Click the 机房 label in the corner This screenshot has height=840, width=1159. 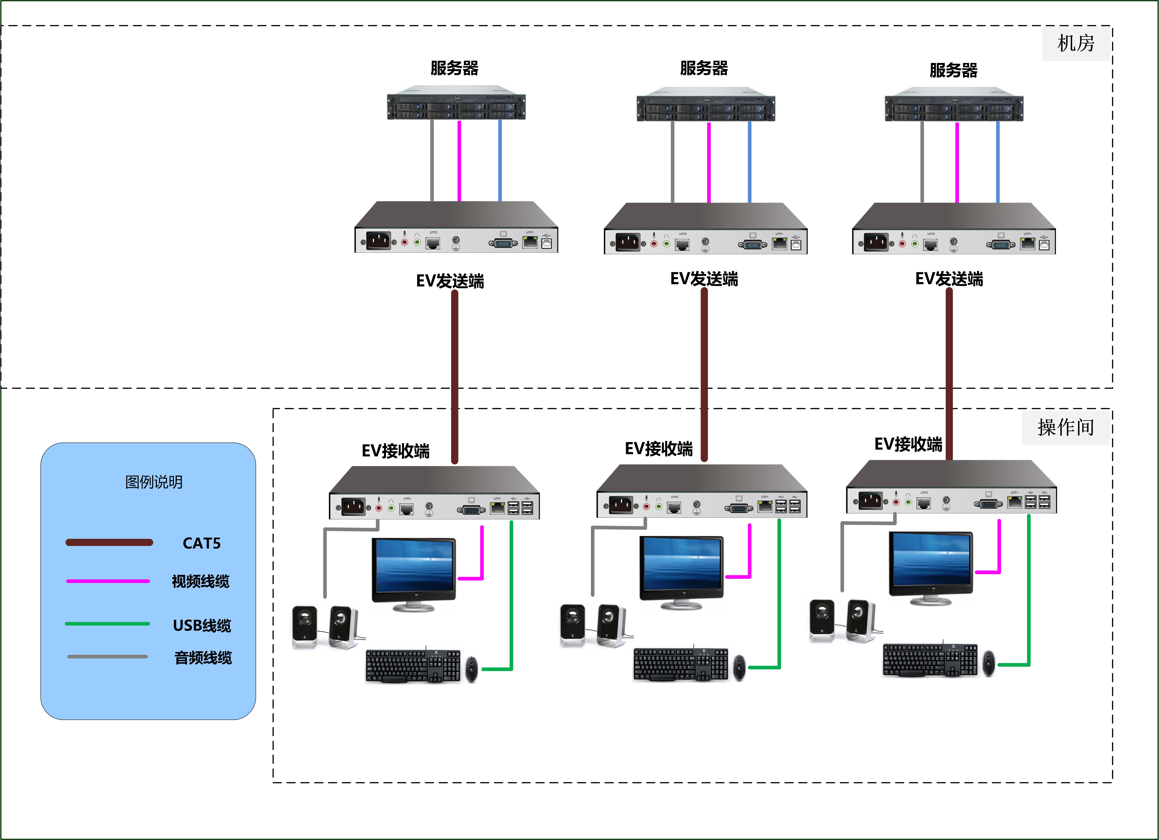(x=1076, y=43)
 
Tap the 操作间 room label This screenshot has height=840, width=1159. (x=1065, y=427)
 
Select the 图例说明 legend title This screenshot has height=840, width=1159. (x=154, y=482)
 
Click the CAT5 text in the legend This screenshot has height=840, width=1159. (x=201, y=543)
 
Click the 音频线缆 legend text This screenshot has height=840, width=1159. (x=203, y=658)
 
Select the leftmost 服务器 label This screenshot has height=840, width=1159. (x=454, y=68)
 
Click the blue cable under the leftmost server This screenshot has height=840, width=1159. (x=500, y=161)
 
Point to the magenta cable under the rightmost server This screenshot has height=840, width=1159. (x=957, y=162)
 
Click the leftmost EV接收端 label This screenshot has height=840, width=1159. (x=396, y=451)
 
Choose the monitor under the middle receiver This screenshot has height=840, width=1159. (x=681, y=569)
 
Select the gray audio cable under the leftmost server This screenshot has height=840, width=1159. (x=432, y=161)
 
